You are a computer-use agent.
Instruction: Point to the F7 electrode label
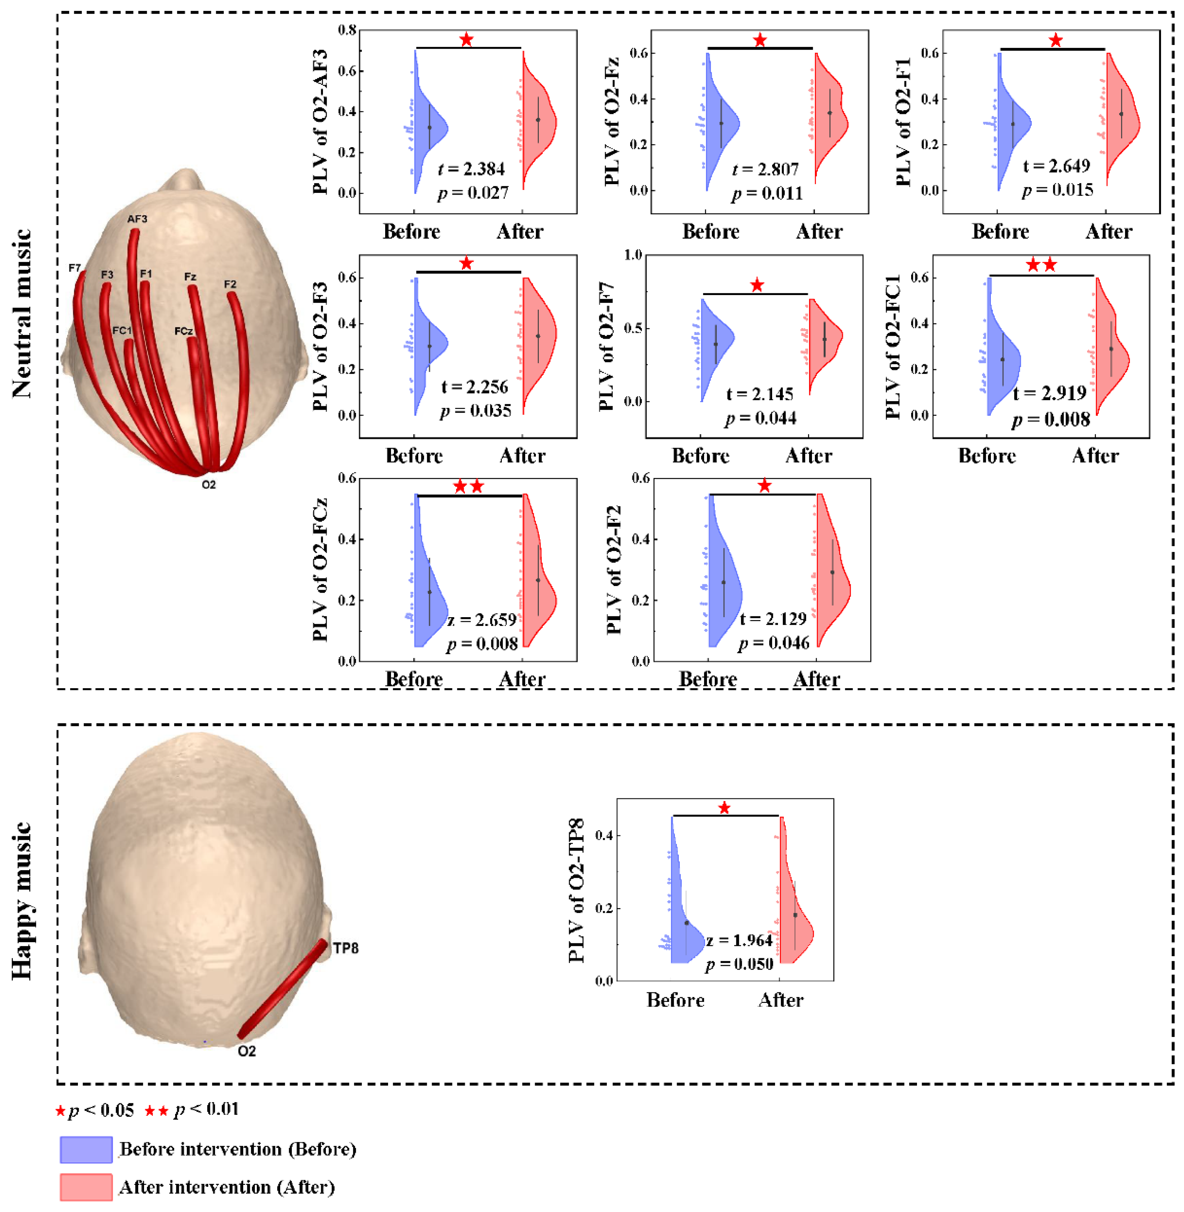75,268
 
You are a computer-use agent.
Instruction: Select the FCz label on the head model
184,332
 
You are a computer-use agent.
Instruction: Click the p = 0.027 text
473,194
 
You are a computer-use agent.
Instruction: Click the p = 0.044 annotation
760,418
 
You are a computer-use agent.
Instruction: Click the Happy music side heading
22,900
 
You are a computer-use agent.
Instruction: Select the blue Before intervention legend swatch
86,1149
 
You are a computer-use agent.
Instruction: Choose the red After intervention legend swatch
86,1187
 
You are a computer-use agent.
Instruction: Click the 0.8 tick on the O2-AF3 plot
347,30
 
